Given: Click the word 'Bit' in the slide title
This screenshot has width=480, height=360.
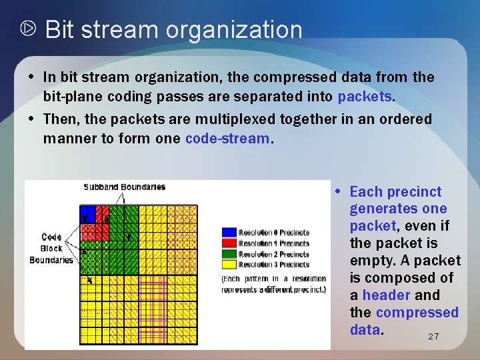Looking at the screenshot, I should [x=59, y=30].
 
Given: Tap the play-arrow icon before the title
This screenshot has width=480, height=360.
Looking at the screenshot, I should [x=29, y=29].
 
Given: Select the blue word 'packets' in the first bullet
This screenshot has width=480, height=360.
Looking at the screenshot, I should [x=365, y=97].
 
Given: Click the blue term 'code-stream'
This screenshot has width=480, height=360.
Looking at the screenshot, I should [x=227, y=139].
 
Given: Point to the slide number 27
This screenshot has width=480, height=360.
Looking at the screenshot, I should [x=433, y=337].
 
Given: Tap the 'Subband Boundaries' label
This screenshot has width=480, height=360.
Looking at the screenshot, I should [x=124, y=187].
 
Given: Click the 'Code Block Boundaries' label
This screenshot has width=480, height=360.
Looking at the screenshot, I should [x=51, y=248].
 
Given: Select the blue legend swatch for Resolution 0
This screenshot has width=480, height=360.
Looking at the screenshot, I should [x=229, y=233].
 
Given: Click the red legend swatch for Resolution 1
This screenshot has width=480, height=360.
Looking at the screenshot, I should [x=229, y=243].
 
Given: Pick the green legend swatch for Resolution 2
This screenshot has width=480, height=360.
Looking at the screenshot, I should [x=229, y=254].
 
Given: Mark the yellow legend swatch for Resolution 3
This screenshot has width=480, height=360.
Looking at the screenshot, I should [x=229, y=265].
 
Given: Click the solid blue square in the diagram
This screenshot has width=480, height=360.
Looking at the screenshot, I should [x=88, y=213].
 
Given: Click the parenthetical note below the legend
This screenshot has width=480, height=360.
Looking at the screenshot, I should [x=274, y=284].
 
